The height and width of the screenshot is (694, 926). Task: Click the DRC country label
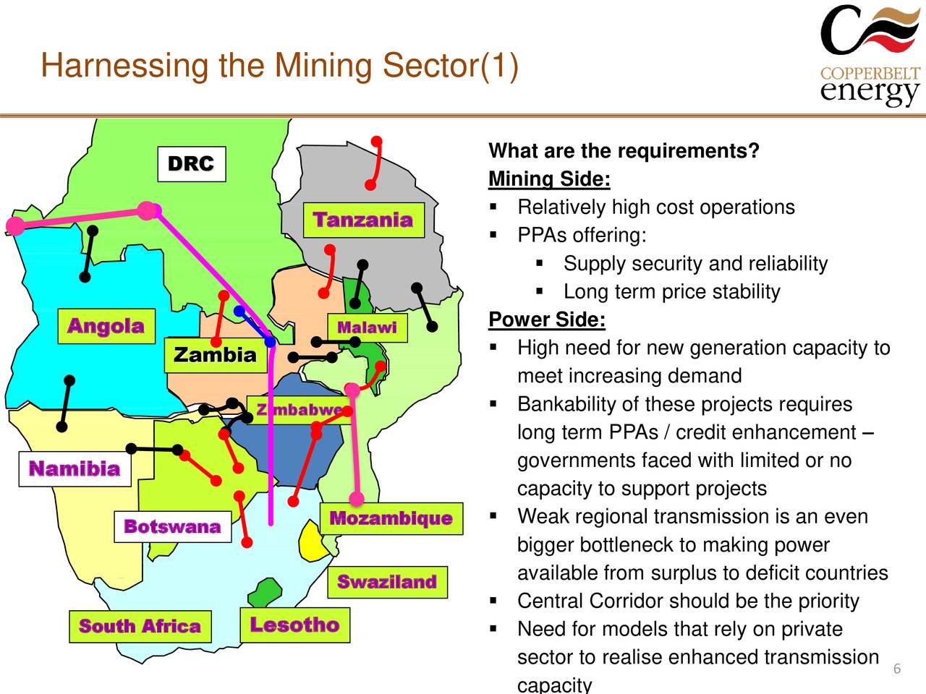(191, 164)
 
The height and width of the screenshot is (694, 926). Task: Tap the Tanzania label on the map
(362, 220)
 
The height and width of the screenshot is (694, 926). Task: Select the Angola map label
(106, 326)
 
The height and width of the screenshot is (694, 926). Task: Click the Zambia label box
(215, 355)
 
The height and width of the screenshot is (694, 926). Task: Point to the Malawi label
(367, 327)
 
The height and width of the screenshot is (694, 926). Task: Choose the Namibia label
(75, 469)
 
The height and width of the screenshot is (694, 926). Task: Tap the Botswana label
(172, 526)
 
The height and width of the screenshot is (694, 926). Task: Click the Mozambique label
(391, 518)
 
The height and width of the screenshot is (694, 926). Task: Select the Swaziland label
(387, 582)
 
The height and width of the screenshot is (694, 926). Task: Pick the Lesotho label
(294, 625)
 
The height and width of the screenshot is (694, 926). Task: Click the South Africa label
(140, 626)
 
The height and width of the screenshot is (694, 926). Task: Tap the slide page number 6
(896, 668)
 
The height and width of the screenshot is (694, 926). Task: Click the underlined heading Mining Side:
(549, 179)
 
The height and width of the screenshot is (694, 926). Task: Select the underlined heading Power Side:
(547, 320)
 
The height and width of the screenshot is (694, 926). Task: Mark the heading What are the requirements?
(624, 151)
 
